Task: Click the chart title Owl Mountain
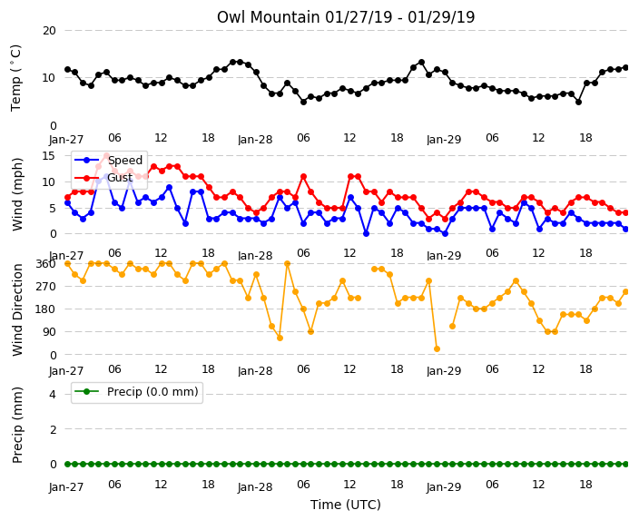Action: [x=268, y=17]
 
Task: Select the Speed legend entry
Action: [x=108, y=160]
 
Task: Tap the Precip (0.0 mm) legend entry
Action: [x=136, y=392]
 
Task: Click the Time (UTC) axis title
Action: [x=346, y=505]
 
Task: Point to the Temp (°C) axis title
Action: [x=15, y=78]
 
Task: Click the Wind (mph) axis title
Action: [x=16, y=194]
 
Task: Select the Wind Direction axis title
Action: [x=16, y=309]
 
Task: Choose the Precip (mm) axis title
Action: [x=16, y=425]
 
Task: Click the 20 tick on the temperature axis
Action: [x=49, y=31]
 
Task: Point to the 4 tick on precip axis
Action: [x=53, y=395]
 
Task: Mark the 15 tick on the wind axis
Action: [x=48, y=156]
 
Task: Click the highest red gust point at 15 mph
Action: [x=106, y=156]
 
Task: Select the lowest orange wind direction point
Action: [x=437, y=348]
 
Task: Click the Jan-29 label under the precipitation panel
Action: [x=444, y=486]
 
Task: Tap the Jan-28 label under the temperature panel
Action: [x=255, y=140]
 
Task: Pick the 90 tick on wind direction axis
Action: [x=49, y=332]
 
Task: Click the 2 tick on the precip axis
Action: [x=53, y=429]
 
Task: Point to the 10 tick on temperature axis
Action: [x=49, y=78]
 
